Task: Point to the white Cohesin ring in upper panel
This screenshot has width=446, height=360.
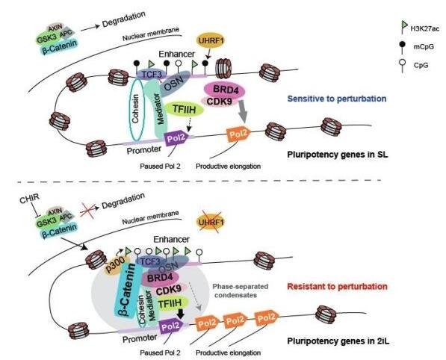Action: pos(137,106)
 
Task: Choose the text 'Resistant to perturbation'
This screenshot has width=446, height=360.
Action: pos(335,285)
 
